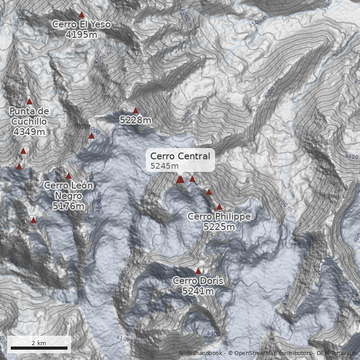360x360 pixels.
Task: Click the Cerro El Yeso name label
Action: click(81, 25)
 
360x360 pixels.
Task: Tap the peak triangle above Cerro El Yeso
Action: click(81, 15)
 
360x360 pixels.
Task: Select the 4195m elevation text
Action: click(81, 34)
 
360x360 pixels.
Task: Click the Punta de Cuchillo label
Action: click(29, 116)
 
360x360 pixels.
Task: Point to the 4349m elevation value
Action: click(29, 132)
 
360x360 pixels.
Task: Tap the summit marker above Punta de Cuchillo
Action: click(30, 102)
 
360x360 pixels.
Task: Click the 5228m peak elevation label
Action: click(135, 120)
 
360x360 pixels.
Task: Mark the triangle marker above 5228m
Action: click(135, 110)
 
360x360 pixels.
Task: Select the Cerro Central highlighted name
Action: click(180, 156)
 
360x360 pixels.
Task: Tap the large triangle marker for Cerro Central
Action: click(180, 180)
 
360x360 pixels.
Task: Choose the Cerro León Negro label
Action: click(68, 191)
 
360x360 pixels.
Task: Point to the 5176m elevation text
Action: click(68, 207)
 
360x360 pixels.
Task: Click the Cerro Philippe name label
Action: click(219, 217)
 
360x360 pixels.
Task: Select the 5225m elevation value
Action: click(219, 227)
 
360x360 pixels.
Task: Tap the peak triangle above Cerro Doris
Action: click(198, 271)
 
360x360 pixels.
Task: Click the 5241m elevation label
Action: click(198, 292)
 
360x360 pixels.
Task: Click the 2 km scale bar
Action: click(39, 348)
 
